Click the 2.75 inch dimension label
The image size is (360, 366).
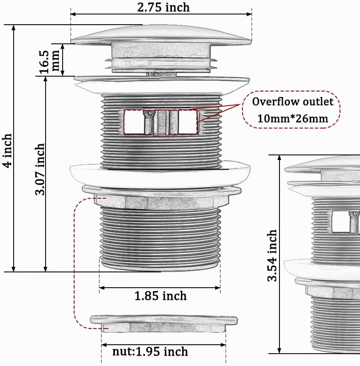point(163,7)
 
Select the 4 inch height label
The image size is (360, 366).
point(7,151)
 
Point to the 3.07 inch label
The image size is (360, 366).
point(40,169)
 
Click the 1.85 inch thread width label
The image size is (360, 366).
point(161,296)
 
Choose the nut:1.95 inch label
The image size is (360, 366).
point(150,352)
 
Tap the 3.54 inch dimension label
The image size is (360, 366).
point(272,256)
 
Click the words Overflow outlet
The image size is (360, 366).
point(293,102)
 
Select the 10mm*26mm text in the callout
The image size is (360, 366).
point(293,119)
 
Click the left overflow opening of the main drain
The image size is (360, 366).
point(134,122)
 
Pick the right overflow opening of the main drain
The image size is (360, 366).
point(187,122)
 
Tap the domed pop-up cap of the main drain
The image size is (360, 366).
point(161,34)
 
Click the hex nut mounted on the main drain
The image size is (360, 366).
point(161,200)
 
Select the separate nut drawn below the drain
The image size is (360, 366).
point(164,323)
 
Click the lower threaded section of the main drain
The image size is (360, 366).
point(160,237)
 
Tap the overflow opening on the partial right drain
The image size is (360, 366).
point(340,222)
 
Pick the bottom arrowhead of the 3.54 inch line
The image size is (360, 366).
point(279,350)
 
